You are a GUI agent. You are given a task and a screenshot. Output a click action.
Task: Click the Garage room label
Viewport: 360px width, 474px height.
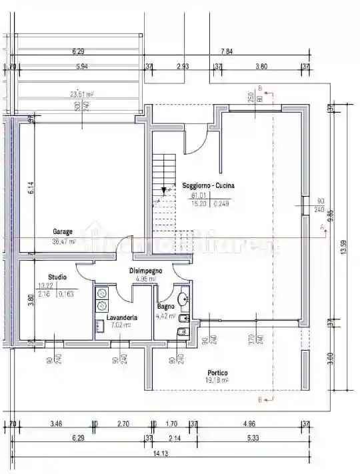pyautogui.click(x=63, y=232)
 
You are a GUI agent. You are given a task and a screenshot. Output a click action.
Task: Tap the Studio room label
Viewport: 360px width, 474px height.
pyautogui.click(x=57, y=277)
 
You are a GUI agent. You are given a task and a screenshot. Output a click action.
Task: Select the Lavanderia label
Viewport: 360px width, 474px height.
pyautogui.click(x=122, y=318)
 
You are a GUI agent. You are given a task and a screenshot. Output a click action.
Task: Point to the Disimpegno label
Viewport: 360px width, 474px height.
pyautogui.click(x=145, y=271)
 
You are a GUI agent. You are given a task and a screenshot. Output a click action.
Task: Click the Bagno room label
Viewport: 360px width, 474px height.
pyautogui.click(x=166, y=307)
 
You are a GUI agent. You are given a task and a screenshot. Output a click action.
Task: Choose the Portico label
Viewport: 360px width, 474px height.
pyautogui.click(x=217, y=373)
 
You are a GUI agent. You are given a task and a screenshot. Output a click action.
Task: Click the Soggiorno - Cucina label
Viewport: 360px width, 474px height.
pyautogui.click(x=208, y=186)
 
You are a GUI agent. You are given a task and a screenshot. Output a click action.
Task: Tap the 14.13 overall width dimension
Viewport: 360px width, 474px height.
pyautogui.click(x=161, y=453)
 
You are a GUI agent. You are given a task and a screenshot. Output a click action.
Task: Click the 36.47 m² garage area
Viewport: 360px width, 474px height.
pyautogui.click(x=64, y=241)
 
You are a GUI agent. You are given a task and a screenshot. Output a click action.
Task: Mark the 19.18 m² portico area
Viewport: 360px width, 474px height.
pyautogui.click(x=217, y=381)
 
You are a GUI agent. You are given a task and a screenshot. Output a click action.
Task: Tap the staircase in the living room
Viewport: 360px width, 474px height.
pyautogui.click(x=164, y=190)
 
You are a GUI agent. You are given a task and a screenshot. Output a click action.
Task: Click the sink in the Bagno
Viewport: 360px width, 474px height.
pyautogui.click(x=183, y=297)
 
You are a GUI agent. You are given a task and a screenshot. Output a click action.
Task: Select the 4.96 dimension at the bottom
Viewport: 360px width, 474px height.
pyautogui.click(x=249, y=423)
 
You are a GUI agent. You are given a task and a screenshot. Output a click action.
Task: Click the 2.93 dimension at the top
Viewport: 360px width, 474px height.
pyautogui.click(x=183, y=66)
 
